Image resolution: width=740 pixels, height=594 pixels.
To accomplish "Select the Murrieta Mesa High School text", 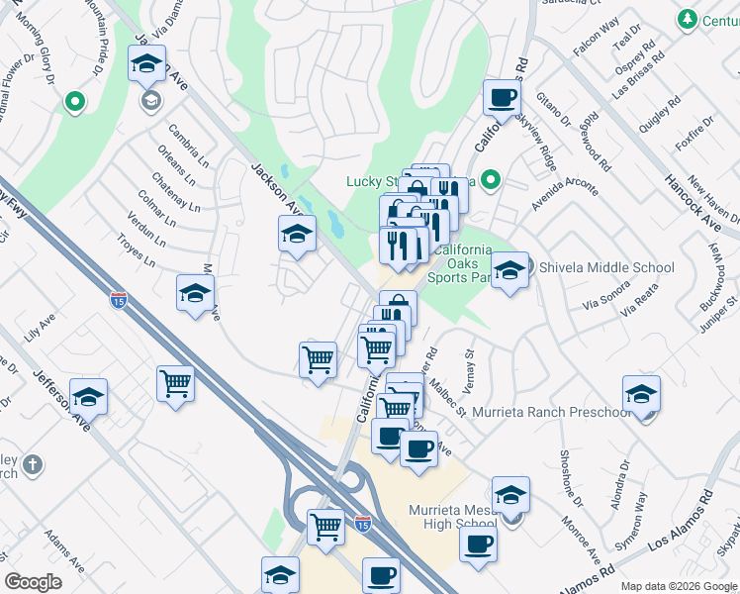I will click(x=452, y=517).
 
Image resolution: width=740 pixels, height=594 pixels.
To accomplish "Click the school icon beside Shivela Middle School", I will click(x=509, y=269).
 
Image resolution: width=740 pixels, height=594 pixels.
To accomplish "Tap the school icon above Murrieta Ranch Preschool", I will click(x=641, y=394).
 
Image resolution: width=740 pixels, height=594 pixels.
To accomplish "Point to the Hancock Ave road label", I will click(x=693, y=199).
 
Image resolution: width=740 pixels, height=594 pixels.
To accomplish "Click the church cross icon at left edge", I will click(x=33, y=463).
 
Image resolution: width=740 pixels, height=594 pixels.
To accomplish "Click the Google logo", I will click(x=34, y=581).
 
